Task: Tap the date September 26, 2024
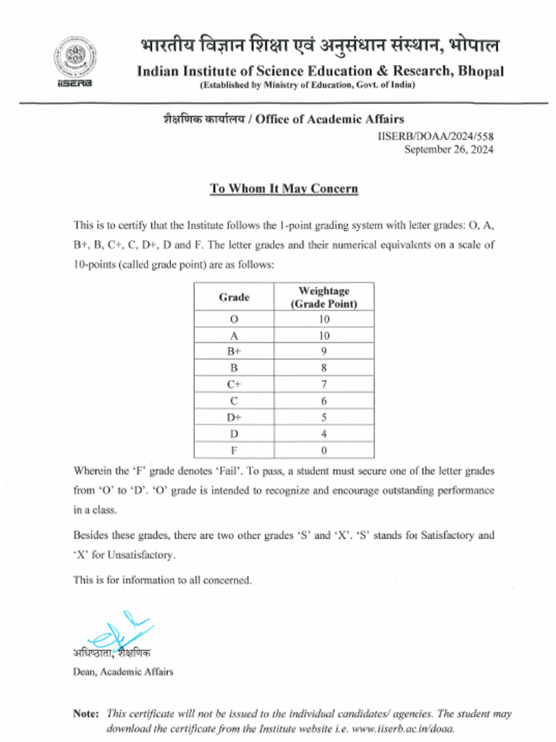[x=448, y=150]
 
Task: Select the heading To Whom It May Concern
[x=284, y=188]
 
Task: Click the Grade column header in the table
[x=234, y=297]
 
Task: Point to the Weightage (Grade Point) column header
[x=324, y=297]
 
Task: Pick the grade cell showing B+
[x=234, y=351]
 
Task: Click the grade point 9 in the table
[x=324, y=351]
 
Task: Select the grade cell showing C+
[x=234, y=384]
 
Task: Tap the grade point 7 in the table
[x=324, y=384]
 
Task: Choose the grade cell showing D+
[x=234, y=417]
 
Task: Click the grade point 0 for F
[x=324, y=449]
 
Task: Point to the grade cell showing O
[x=234, y=319]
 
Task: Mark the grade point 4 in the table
[x=324, y=433]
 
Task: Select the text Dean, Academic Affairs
[x=123, y=672]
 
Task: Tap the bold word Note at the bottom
[x=88, y=714]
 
